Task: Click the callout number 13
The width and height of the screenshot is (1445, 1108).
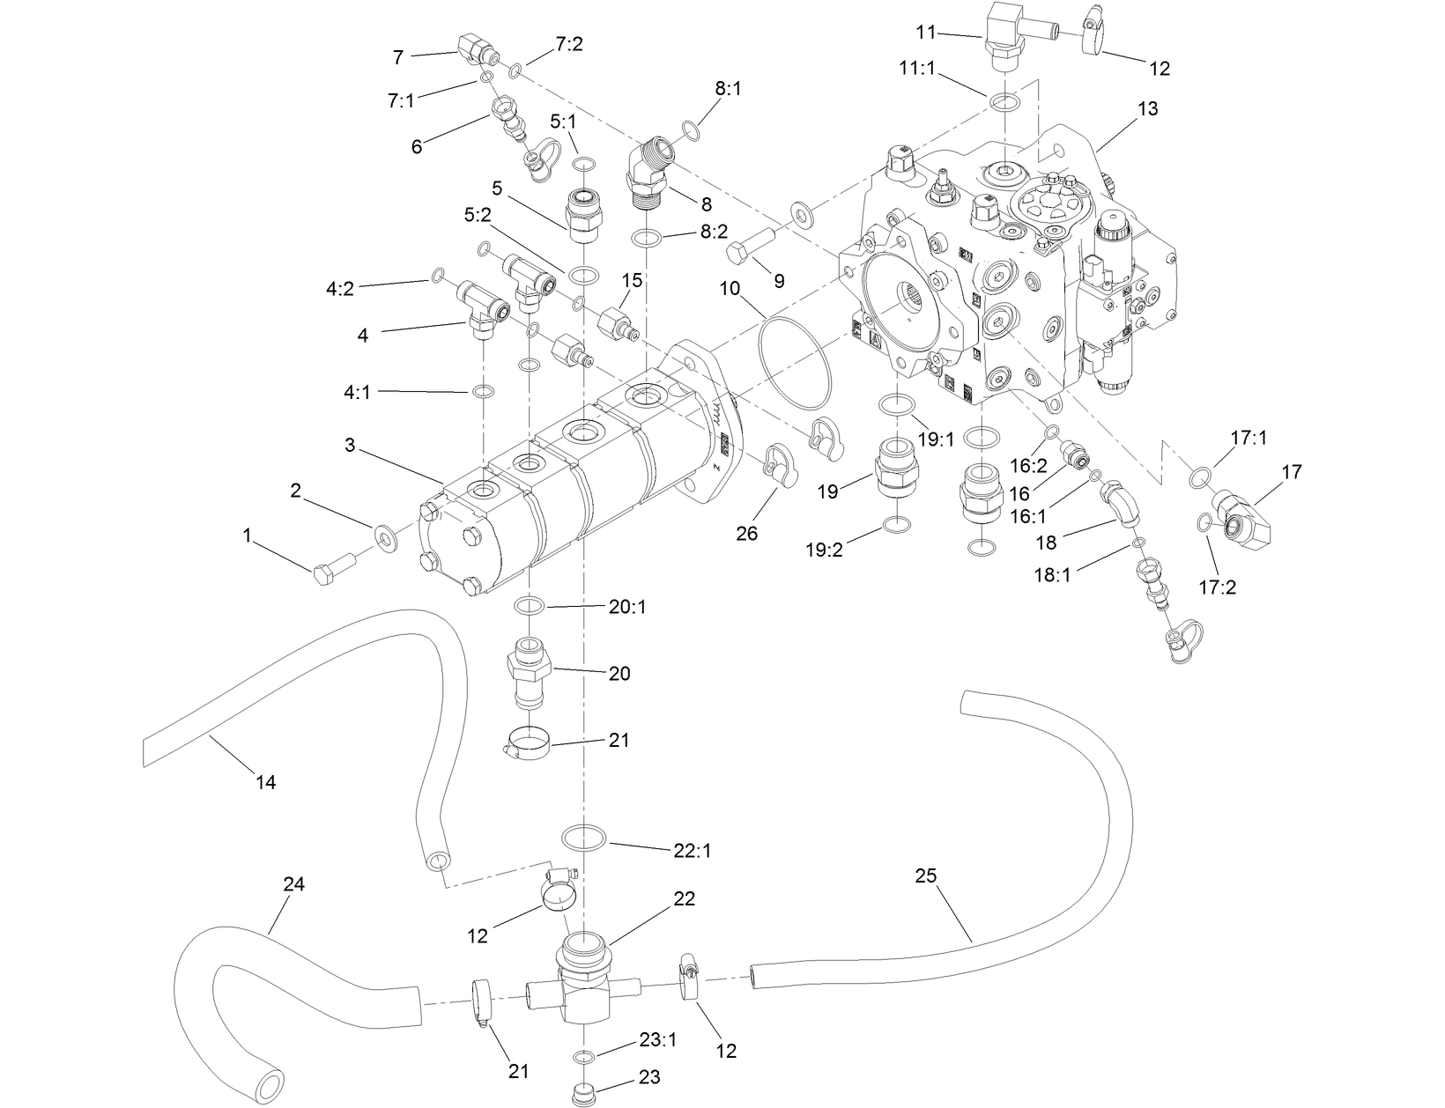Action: click(x=1147, y=108)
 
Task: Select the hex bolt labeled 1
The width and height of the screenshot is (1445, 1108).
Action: click(x=332, y=566)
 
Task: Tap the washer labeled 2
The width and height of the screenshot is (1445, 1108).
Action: click(x=384, y=535)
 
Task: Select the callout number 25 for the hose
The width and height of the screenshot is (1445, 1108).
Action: click(x=925, y=875)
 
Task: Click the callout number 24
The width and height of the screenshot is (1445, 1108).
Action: click(x=293, y=884)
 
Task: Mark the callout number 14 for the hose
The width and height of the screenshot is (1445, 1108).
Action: click(x=265, y=781)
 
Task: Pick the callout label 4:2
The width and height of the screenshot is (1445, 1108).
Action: click(x=339, y=288)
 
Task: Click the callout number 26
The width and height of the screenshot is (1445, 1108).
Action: click(x=746, y=533)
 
